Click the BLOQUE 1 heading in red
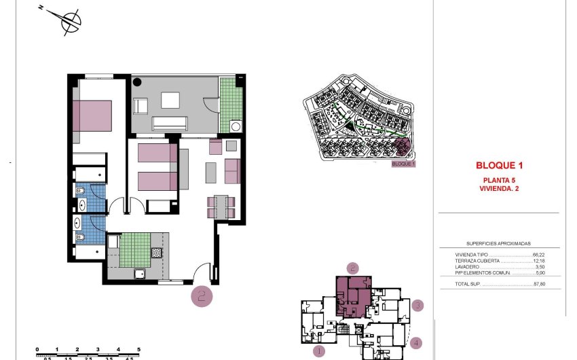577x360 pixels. click(500, 165)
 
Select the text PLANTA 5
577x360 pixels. click(500, 179)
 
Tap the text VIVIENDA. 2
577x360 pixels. click(500, 188)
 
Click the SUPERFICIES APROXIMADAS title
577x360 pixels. click(498, 242)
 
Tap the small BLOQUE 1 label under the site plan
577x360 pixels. click(403, 164)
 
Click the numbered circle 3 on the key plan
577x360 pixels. click(419, 306)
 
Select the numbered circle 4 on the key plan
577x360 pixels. click(416, 344)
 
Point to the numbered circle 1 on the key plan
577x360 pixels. click(318, 351)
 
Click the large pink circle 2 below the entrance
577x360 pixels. click(200, 295)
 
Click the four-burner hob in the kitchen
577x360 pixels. click(156, 252)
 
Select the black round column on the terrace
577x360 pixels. click(137, 82)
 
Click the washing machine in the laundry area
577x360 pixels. click(236, 126)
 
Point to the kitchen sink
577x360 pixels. click(139, 274)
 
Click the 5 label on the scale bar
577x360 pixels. click(138, 348)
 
